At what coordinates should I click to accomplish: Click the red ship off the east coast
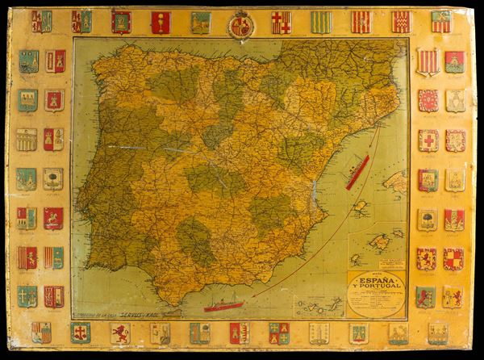point(357,173)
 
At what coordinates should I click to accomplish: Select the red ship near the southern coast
point(223,306)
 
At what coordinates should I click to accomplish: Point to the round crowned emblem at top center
point(240,25)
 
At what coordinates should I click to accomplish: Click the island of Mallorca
point(380,240)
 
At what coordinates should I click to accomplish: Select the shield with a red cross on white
point(428,140)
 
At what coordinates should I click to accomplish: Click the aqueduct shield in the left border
point(26,139)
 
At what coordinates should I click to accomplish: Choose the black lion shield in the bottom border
point(119,333)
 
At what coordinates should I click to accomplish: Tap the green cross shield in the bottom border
point(80,332)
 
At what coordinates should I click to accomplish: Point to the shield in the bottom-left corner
point(41,332)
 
